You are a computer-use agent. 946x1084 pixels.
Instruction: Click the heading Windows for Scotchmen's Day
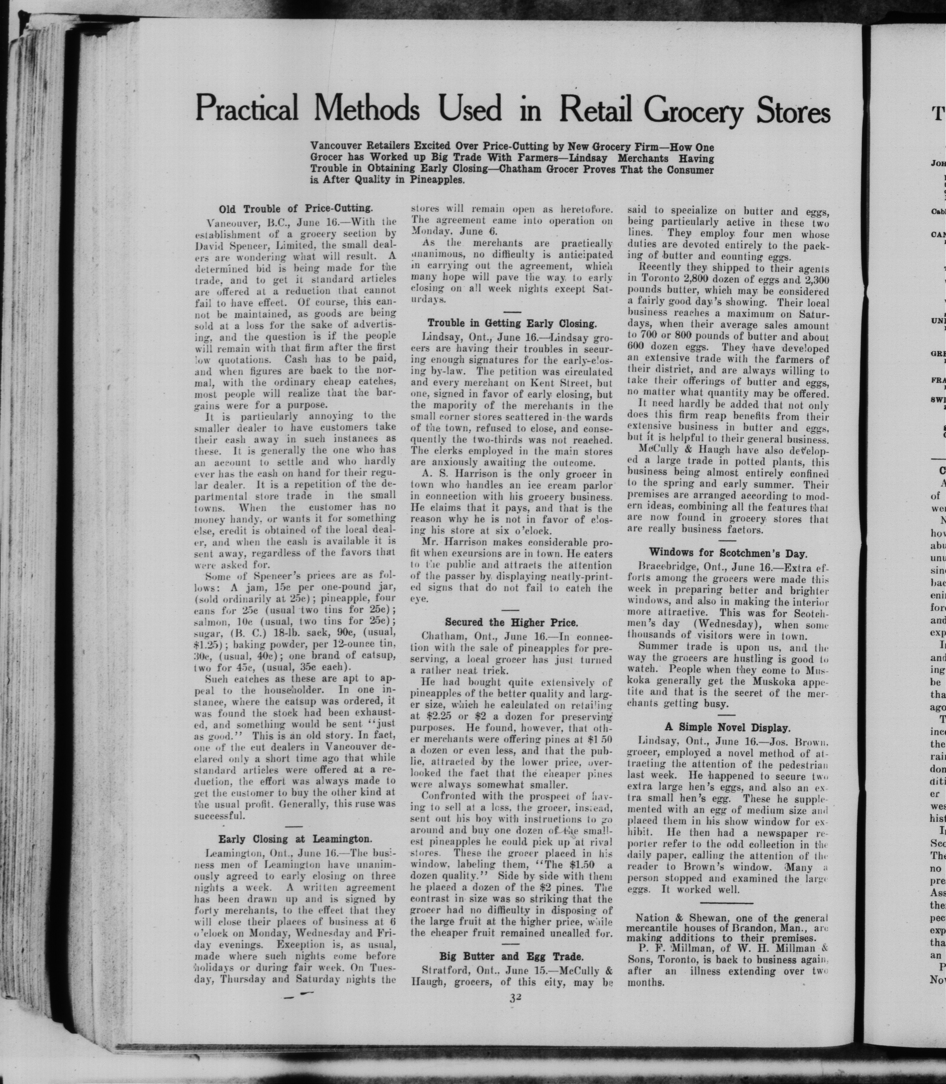(728, 553)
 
